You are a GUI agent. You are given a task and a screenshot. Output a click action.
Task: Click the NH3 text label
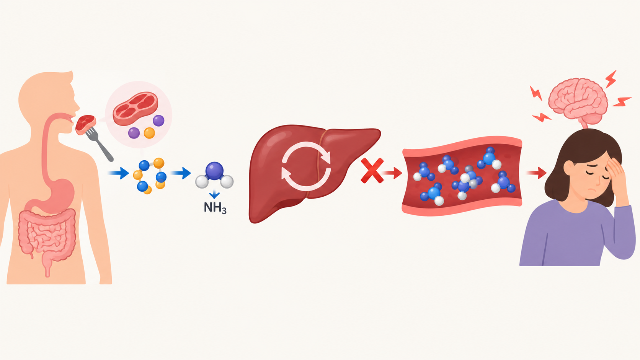point(215,208)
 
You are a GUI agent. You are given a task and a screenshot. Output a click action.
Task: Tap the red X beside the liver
point(372,171)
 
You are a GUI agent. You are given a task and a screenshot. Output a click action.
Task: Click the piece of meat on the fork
point(85,124)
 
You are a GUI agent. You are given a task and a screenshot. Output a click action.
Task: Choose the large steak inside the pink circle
point(136,109)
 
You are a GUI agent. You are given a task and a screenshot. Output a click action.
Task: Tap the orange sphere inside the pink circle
point(149,133)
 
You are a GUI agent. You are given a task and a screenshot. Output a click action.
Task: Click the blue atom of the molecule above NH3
point(214,171)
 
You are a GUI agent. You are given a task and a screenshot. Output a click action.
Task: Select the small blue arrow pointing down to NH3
point(214,195)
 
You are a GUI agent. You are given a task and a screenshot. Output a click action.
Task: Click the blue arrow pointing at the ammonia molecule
point(181,173)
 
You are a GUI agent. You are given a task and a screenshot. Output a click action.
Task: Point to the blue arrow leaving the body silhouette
point(119,173)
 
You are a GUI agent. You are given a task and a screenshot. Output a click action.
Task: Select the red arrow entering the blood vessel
point(392,173)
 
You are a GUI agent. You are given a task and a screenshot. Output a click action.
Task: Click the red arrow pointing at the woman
point(537,173)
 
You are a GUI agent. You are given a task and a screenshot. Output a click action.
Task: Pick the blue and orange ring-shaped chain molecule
point(150,175)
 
